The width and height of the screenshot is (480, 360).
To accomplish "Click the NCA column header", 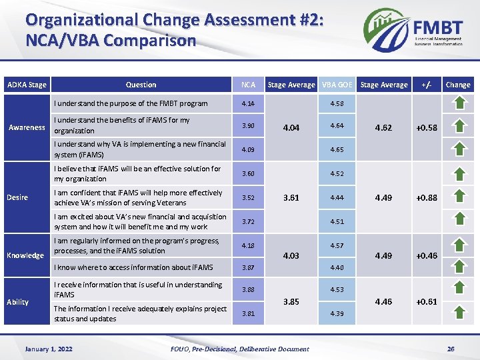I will pos(248,85).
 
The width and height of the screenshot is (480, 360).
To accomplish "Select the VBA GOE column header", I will pos(337,85).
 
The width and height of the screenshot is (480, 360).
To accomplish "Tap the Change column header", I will pos(457,85).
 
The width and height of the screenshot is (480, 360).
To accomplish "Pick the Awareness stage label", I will pos(27,127).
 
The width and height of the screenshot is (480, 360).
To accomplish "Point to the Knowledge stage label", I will pos(25,255).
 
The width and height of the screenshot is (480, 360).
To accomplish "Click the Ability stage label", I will pos(17,302).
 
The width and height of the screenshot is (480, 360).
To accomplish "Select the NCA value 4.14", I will pos(248,103).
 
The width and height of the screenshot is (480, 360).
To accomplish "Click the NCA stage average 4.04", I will pos(291,127).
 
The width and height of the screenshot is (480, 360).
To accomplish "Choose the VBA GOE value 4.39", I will pos(337,314).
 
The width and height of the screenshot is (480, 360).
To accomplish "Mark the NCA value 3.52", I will pos(248,198).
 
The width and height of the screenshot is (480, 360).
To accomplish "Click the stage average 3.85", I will pos(291,301).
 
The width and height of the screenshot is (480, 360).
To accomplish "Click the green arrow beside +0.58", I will pos(459,127).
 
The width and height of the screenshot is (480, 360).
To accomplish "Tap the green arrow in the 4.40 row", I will pos(459,267).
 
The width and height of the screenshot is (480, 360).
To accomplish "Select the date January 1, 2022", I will pos(49,349).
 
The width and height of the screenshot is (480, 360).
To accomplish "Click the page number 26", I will pos(451,349).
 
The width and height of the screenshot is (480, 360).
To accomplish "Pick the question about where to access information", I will pos(133,267).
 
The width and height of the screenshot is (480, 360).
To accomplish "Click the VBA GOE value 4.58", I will pos(337,103).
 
